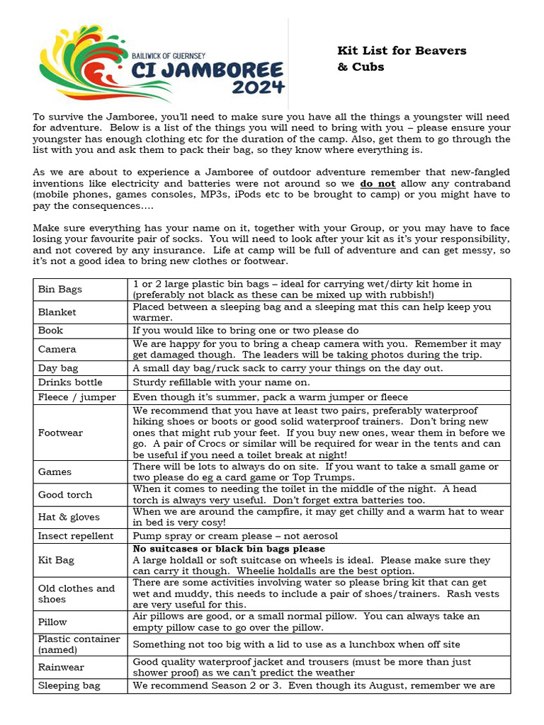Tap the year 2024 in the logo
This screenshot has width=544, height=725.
(x=259, y=88)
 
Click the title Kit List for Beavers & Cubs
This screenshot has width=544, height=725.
(x=402, y=59)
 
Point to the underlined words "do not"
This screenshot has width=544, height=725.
(x=376, y=183)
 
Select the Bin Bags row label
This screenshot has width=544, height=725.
(x=60, y=290)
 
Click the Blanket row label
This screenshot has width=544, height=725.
(x=57, y=312)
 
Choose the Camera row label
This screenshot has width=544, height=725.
(x=57, y=349)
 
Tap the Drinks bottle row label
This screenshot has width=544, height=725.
(x=70, y=382)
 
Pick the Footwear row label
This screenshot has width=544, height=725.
(x=61, y=433)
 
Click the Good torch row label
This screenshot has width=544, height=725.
(x=65, y=495)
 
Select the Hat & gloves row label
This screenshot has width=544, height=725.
(x=69, y=518)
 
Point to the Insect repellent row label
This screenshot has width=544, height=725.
(x=76, y=536)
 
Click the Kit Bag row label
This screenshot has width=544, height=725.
(x=57, y=560)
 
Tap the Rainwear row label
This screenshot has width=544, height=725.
(x=61, y=667)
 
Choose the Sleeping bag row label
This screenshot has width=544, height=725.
(x=69, y=685)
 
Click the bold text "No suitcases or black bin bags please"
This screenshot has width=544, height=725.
(x=229, y=549)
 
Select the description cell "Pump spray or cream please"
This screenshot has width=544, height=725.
(x=235, y=536)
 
